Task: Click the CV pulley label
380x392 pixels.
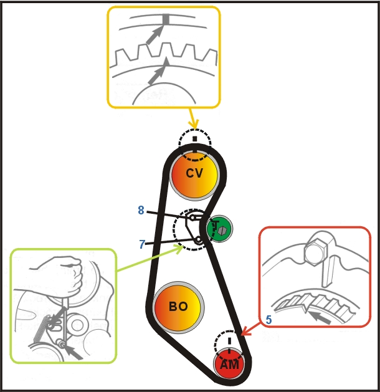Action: pos(195,173)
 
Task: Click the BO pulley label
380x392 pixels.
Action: pos(178,307)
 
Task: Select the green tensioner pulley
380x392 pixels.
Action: pos(220,229)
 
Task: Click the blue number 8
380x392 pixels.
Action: pos(141,211)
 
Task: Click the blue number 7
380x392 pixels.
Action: pos(142,244)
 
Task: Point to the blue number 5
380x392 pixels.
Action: pos(268,319)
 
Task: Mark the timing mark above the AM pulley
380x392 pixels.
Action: pos(229,342)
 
